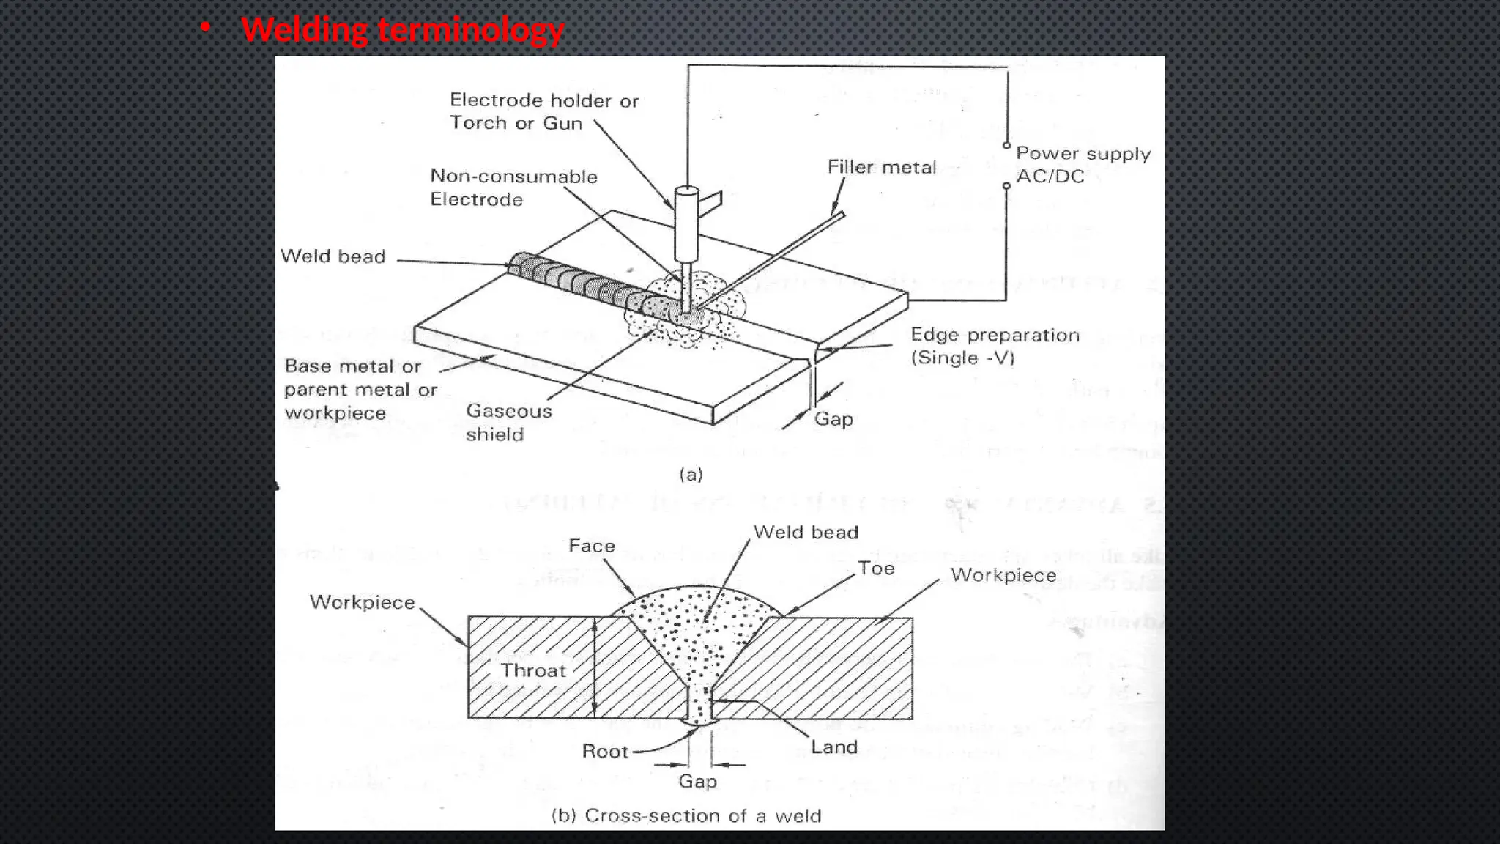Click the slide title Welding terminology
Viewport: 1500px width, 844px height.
point(402,31)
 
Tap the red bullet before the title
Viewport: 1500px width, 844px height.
point(205,28)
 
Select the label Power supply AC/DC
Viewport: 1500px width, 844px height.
point(1083,165)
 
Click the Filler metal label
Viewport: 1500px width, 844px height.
point(881,168)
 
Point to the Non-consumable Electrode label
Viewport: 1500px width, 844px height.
point(513,188)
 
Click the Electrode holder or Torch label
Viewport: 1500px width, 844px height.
point(543,111)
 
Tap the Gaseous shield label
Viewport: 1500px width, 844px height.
point(508,422)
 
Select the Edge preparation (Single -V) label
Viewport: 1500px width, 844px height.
point(994,346)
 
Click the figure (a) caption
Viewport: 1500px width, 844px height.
point(691,475)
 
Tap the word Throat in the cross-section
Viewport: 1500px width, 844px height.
point(533,670)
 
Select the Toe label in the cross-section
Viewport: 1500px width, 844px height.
point(876,569)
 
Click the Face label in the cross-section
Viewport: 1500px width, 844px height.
point(591,547)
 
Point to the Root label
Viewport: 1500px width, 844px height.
point(605,752)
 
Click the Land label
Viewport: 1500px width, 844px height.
point(833,747)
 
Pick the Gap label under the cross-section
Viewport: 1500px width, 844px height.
point(697,781)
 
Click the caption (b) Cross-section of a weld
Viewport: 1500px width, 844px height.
point(686,816)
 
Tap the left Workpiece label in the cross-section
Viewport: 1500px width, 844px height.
point(362,602)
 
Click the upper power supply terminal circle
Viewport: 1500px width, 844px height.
point(1006,145)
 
